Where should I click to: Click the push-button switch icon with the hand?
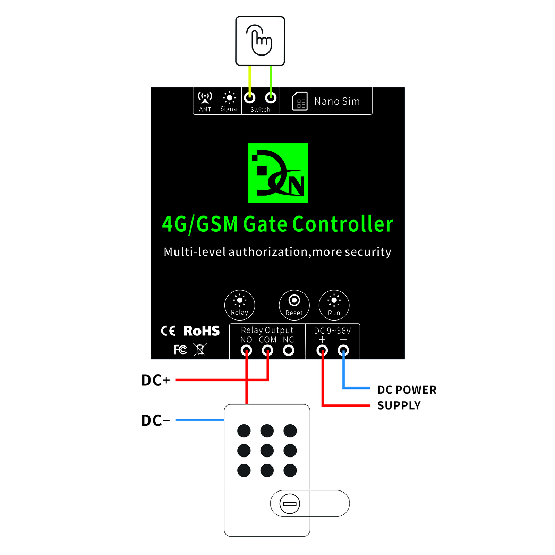pyautogui.click(x=260, y=41)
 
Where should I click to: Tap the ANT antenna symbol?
pyautogui.click(x=205, y=98)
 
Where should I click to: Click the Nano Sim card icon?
pyautogui.click(x=300, y=101)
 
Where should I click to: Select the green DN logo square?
pyautogui.click(x=277, y=173)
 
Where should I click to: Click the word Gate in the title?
pyautogui.click(x=265, y=224)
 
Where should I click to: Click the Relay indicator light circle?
pyautogui.click(x=239, y=305)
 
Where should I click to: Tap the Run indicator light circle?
pyautogui.click(x=334, y=305)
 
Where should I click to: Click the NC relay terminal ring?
pyautogui.click(x=288, y=350)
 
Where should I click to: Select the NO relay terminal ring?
pyautogui.click(x=246, y=350)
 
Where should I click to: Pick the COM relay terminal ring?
pyautogui.click(x=267, y=350)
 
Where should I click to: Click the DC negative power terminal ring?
pyautogui.click(x=343, y=350)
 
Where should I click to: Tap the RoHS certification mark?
pyautogui.click(x=201, y=331)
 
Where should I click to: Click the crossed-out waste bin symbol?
pyautogui.click(x=200, y=349)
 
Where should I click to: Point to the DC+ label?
pyautogui.click(x=155, y=380)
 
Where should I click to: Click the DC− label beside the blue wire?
pyautogui.click(x=155, y=420)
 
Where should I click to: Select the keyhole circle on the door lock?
pyautogui.click(x=290, y=504)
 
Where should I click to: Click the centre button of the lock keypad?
pyautogui.click(x=267, y=451)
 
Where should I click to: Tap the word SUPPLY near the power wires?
pyautogui.click(x=399, y=405)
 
